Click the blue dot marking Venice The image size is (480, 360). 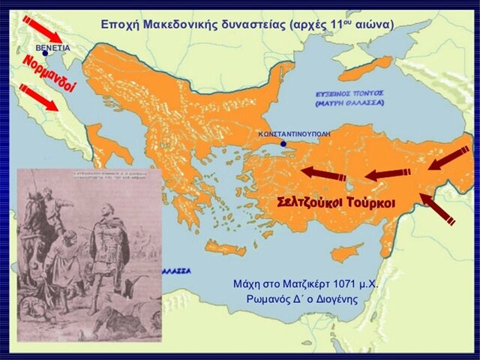pos(46,54)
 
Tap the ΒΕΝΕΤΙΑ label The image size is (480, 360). pos(52,47)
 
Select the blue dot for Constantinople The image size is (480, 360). pos(283,144)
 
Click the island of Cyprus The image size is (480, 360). pos(346,252)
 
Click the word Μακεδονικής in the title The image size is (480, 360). pos(176,25)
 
